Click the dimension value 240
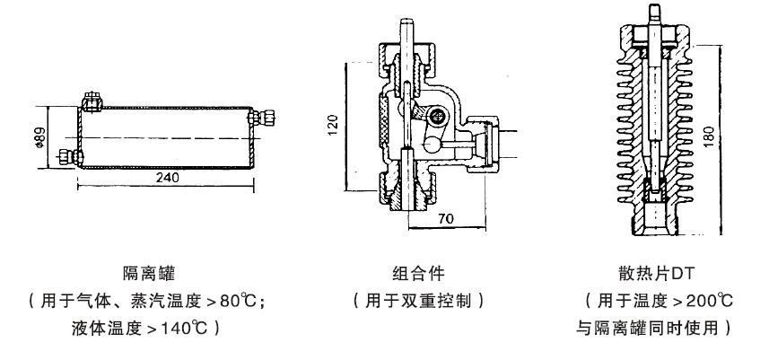point(167,177)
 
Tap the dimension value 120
point(333,125)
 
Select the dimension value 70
point(446,219)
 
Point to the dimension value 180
point(709,137)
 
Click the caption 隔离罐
point(149,273)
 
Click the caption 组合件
point(418,273)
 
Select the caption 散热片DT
point(657,273)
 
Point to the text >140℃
point(177,328)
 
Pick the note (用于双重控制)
point(418,301)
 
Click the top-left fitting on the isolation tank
point(92,101)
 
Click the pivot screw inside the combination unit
point(437,116)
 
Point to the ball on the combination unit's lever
point(433,145)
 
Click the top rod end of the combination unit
point(407,22)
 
